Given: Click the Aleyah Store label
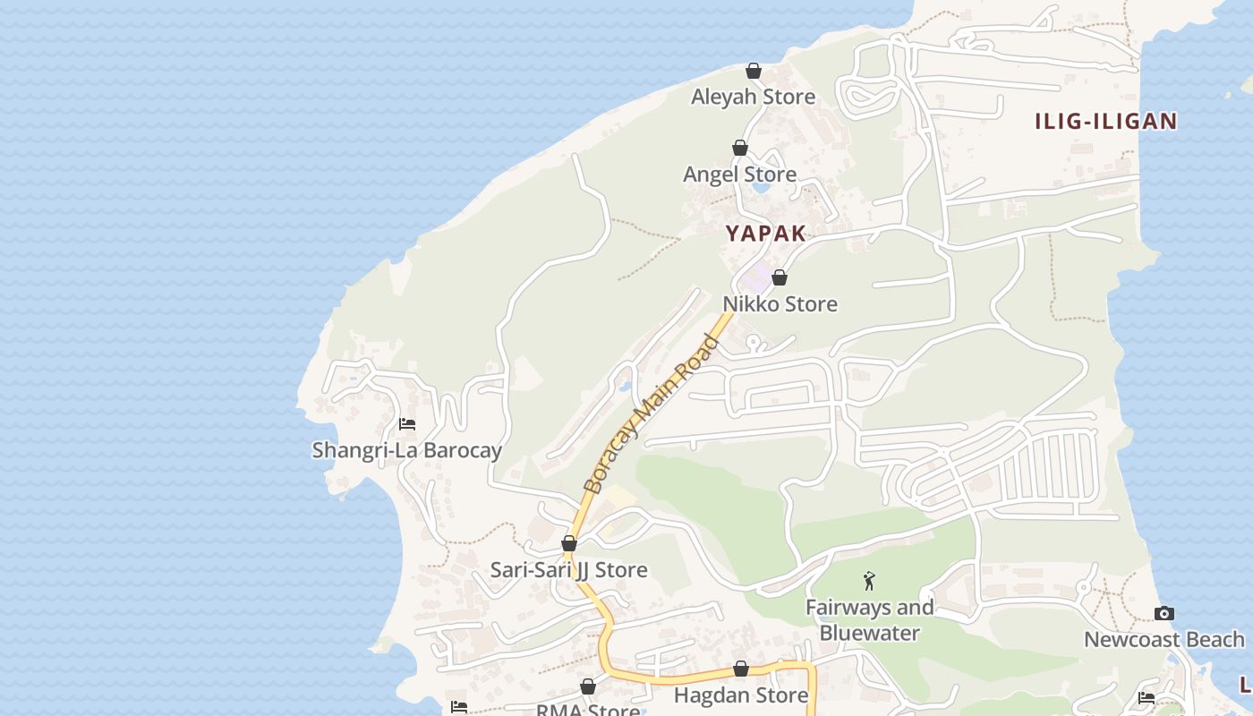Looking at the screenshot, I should [753, 97].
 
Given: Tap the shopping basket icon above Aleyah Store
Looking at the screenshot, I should [754, 71].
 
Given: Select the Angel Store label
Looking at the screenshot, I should [739, 175].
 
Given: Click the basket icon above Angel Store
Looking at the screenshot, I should [740, 148].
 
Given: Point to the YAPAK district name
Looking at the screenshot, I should [765, 234].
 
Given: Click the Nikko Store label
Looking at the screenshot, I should [780, 304].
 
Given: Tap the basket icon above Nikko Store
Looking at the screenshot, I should [780, 277].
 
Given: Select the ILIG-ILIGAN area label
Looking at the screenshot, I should [1105, 122].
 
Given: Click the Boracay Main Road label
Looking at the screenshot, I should [652, 413].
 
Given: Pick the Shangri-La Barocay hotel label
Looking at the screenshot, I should [406, 450].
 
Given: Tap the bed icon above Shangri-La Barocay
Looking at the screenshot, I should [407, 423].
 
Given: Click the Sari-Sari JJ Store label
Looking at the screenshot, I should [568, 570].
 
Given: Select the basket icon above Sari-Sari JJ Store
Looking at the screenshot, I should [569, 543].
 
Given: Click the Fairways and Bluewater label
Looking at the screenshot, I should [869, 620].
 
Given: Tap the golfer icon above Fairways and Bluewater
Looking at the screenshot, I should [868, 582].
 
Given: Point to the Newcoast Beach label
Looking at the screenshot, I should [1163, 640].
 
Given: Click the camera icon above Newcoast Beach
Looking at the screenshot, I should [1163, 613].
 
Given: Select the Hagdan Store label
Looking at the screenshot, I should [740, 695].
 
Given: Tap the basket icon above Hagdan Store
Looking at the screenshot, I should [741, 669].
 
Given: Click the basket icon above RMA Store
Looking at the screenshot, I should [588, 686].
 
